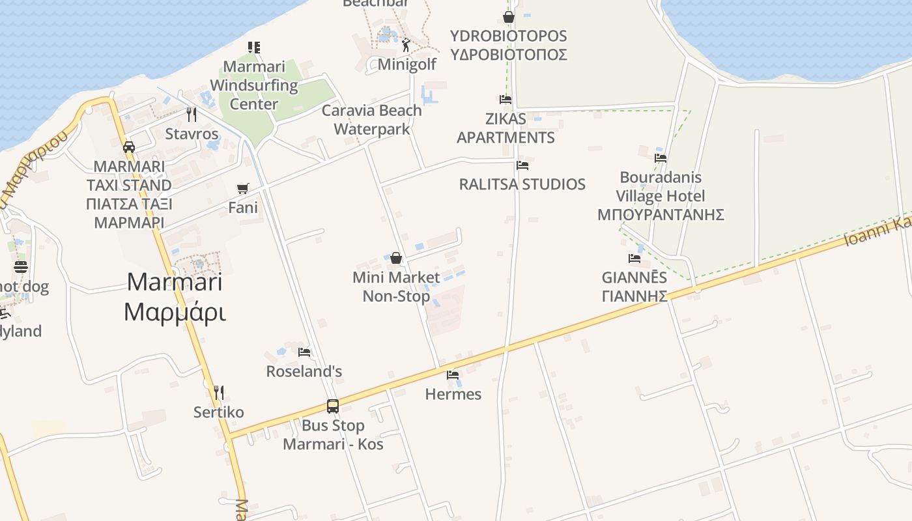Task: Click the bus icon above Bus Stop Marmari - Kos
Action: click(333, 406)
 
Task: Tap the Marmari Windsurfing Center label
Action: click(254, 85)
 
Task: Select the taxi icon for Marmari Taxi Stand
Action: click(129, 147)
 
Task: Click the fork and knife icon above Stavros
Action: click(192, 115)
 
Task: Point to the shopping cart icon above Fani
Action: click(243, 189)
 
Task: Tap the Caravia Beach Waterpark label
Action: click(371, 120)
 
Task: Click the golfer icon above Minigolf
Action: click(406, 45)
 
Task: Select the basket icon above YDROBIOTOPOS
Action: click(509, 16)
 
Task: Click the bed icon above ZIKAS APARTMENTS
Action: click(506, 100)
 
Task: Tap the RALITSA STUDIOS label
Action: click(522, 184)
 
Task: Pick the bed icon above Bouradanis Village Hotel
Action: click(661, 158)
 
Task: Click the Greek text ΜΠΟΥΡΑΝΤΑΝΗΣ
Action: click(661, 215)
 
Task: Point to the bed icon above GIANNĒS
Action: click(634, 259)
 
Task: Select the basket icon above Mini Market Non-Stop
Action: click(396, 258)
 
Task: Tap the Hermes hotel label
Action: click(453, 394)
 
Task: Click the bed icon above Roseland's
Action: click(304, 352)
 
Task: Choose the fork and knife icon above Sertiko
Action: click(219, 392)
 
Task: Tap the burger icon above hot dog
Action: click(21, 267)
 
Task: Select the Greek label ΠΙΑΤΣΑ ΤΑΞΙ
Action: click(129, 204)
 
